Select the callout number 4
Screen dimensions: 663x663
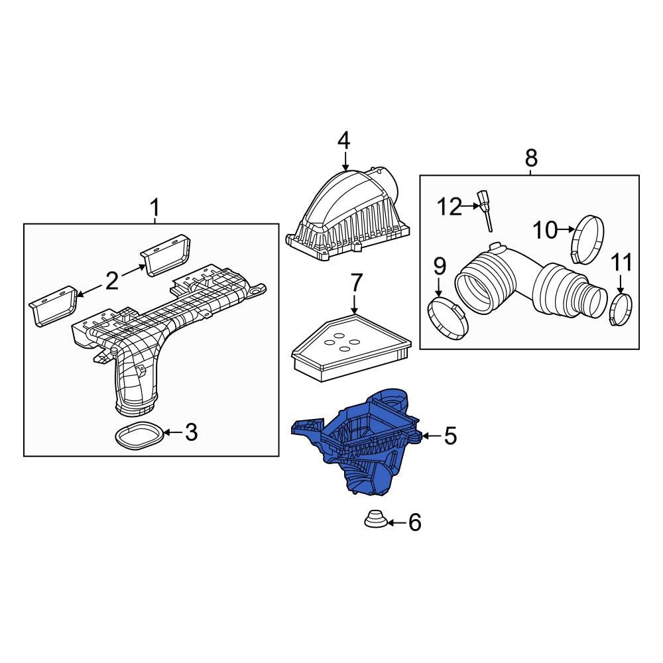343,141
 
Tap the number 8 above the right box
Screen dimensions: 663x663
531,158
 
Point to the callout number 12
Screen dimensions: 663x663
448,207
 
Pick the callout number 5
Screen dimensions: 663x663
450,436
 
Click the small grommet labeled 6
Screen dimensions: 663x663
375,519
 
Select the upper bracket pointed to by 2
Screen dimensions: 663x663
168,255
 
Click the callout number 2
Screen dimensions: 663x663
111,281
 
